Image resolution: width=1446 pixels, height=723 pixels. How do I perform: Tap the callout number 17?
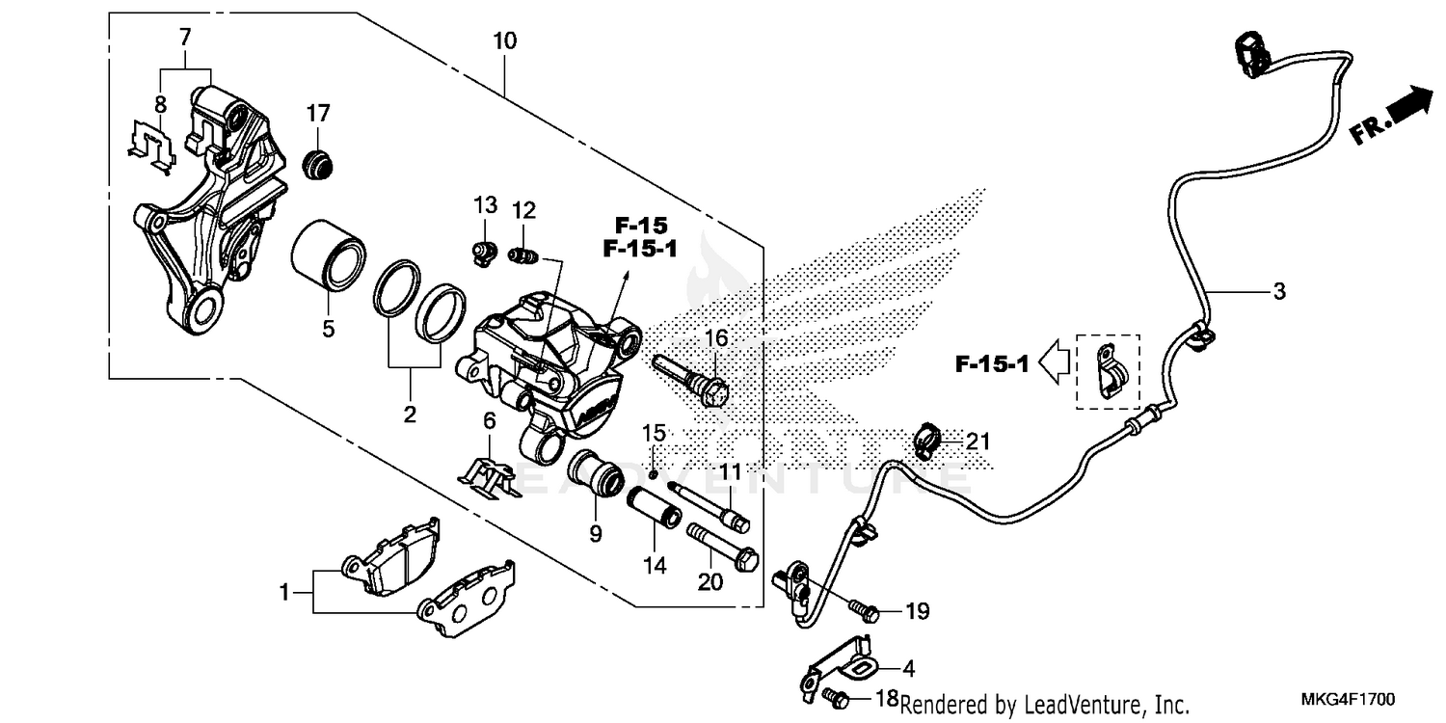[319, 114]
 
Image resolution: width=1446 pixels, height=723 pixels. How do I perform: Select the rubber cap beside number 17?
[317, 165]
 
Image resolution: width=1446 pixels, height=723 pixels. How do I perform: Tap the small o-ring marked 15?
[653, 473]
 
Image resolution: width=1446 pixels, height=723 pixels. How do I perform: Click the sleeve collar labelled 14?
[655, 510]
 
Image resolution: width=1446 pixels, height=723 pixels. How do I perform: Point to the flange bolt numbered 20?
[720, 548]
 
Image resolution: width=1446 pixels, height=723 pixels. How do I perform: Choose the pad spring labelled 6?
[491, 474]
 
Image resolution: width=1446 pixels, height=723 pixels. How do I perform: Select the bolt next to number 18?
[836, 694]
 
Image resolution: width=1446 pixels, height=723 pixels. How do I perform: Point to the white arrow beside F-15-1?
[1057, 364]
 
